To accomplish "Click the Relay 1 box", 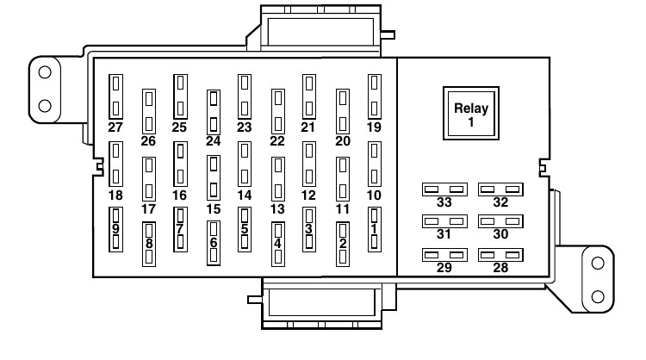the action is [471, 114].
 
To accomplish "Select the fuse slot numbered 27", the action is [115, 96].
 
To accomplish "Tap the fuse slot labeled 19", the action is [374, 96].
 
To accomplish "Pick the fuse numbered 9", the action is [115, 229].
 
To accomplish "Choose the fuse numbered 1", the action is [374, 229].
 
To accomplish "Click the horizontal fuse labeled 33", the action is [444, 189].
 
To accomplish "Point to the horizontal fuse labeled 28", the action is [500, 255].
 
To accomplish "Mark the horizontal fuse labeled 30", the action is [500, 221].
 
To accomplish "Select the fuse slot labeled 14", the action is [245, 164].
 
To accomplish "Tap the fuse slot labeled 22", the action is [278, 111].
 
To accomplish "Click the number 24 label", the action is [214, 141].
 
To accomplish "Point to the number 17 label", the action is [148, 208].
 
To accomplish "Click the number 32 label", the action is [500, 202].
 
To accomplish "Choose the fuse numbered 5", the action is [245, 229].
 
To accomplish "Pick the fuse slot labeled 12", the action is [309, 164].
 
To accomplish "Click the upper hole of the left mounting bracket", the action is [45, 72].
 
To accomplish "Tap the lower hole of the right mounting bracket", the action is [598, 296].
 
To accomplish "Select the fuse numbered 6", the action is [214, 243].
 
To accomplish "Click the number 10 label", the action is [374, 196].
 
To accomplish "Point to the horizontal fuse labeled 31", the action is [444, 221].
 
